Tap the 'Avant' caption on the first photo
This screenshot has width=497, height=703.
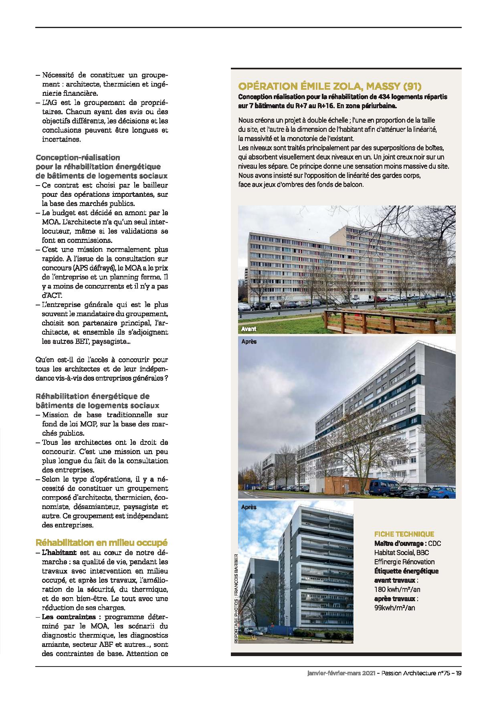[248, 329]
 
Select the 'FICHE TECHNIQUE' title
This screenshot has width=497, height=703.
[404, 534]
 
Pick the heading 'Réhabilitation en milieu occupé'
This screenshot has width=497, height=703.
[101, 543]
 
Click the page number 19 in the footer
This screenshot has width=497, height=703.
[458, 674]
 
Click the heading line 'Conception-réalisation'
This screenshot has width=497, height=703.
[78, 158]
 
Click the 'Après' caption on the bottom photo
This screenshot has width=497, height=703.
[248, 507]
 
